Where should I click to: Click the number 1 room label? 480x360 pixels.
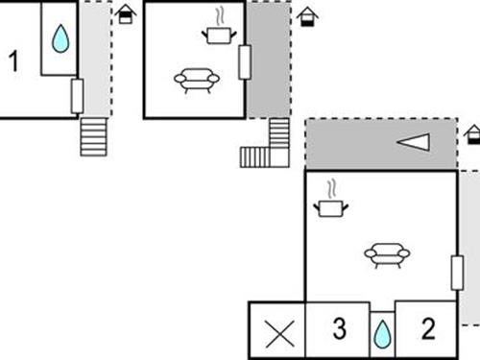click(x=13, y=61)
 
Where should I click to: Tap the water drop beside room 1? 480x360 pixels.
click(x=60, y=38)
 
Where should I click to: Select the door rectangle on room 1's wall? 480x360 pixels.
click(x=78, y=95)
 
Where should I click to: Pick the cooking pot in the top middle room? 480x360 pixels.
click(x=219, y=35)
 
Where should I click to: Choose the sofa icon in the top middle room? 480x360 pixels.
click(x=196, y=80)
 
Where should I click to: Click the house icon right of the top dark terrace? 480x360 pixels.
click(x=305, y=16)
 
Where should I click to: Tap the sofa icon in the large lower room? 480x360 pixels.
click(x=386, y=253)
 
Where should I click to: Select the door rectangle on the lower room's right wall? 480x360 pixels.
click(x=455, y=274)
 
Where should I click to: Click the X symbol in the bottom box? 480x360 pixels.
click(x=278, y=333)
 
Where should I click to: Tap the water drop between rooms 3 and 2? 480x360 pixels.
click(x=383, y=333)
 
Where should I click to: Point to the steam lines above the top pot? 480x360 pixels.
click(x=221, y=15)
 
